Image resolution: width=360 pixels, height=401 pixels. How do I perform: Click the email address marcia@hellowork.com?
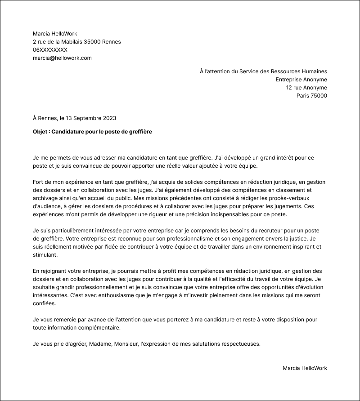click(x=62, y=58)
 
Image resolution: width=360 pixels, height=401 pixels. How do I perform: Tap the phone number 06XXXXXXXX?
click(x=50, y=50)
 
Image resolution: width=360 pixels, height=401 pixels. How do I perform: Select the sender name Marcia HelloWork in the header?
click(x=55, y=34)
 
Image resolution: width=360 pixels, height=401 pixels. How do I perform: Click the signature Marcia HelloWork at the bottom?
click(x=305, y=368)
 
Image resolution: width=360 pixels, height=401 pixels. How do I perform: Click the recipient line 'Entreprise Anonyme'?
click(x=301, y=80)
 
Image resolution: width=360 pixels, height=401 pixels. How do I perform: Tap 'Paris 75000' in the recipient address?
click(x=311, y=96)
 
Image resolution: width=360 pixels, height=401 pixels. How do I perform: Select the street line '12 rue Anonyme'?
click(x=306, y=88)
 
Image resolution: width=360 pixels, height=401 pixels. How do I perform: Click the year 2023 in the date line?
click(x=109, y=118)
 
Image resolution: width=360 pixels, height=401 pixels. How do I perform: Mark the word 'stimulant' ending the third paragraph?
click(x=45, y=255)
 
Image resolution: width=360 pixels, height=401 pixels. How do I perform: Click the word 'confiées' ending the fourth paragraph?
click(x=44, y=303)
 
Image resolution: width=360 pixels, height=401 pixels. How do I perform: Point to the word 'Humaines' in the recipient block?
click(x=315, y=71)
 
